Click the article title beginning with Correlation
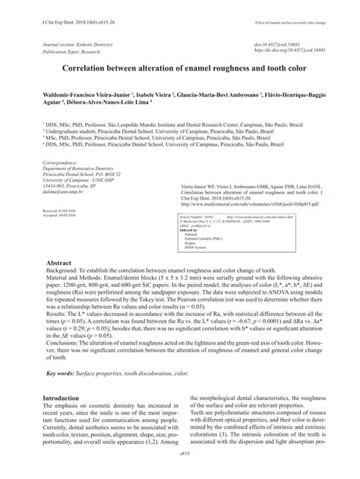tap(180, 67)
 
